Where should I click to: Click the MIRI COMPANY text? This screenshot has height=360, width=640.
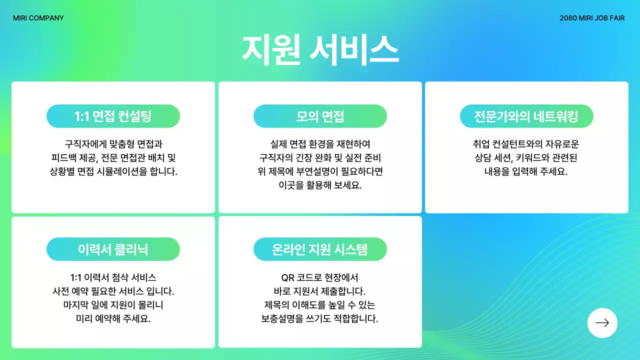(38, 18)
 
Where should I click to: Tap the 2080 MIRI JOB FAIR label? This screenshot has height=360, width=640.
(592, 18)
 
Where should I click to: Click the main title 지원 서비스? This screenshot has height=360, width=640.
(320, 49)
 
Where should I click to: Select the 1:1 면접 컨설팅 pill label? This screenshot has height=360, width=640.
(113, 116)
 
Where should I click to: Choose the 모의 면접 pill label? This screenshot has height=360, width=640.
(320, 116)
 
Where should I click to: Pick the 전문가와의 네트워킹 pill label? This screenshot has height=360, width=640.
(526, 116)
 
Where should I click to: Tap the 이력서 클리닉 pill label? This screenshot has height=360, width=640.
(113, 249)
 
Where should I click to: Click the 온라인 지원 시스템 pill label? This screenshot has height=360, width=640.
(320, 249)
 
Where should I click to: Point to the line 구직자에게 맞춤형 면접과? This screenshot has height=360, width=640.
(113, 144)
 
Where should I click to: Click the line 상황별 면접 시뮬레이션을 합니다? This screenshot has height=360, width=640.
(113, 171)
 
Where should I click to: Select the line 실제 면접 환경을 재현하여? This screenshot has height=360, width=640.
(320, 144)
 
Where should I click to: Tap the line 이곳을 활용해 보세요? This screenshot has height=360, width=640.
(320, 185)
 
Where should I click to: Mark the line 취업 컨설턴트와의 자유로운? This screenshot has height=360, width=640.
(526, 144)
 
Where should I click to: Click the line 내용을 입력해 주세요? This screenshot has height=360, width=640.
(526, 171)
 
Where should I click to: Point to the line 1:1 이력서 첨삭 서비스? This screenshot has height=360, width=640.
(113, 277)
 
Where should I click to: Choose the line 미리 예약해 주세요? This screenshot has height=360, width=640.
(113, 318)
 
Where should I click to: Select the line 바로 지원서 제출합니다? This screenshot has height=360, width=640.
(320, 291)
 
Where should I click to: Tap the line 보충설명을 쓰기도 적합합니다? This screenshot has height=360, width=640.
(320, 318)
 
